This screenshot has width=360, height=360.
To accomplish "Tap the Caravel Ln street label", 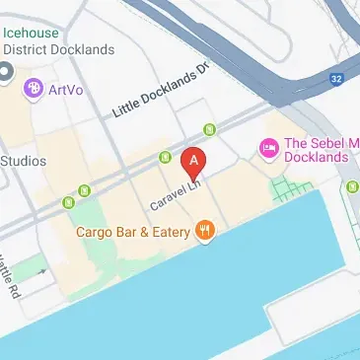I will (176, 192).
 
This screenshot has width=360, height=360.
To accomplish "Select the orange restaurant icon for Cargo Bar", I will (205, 233).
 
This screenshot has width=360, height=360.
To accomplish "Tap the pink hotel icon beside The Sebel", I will (267, 148).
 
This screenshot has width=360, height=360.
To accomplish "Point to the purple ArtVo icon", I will (35, 90).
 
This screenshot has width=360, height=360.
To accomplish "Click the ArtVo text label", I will (67, 90).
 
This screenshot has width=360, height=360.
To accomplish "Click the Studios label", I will (24, 161).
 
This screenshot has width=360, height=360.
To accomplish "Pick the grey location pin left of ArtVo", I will (6, 72).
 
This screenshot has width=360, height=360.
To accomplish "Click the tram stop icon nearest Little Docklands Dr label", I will (209, 129).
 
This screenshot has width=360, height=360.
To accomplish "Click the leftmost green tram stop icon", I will (70, 203).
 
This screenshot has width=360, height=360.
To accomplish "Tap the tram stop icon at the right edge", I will (352, 186).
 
